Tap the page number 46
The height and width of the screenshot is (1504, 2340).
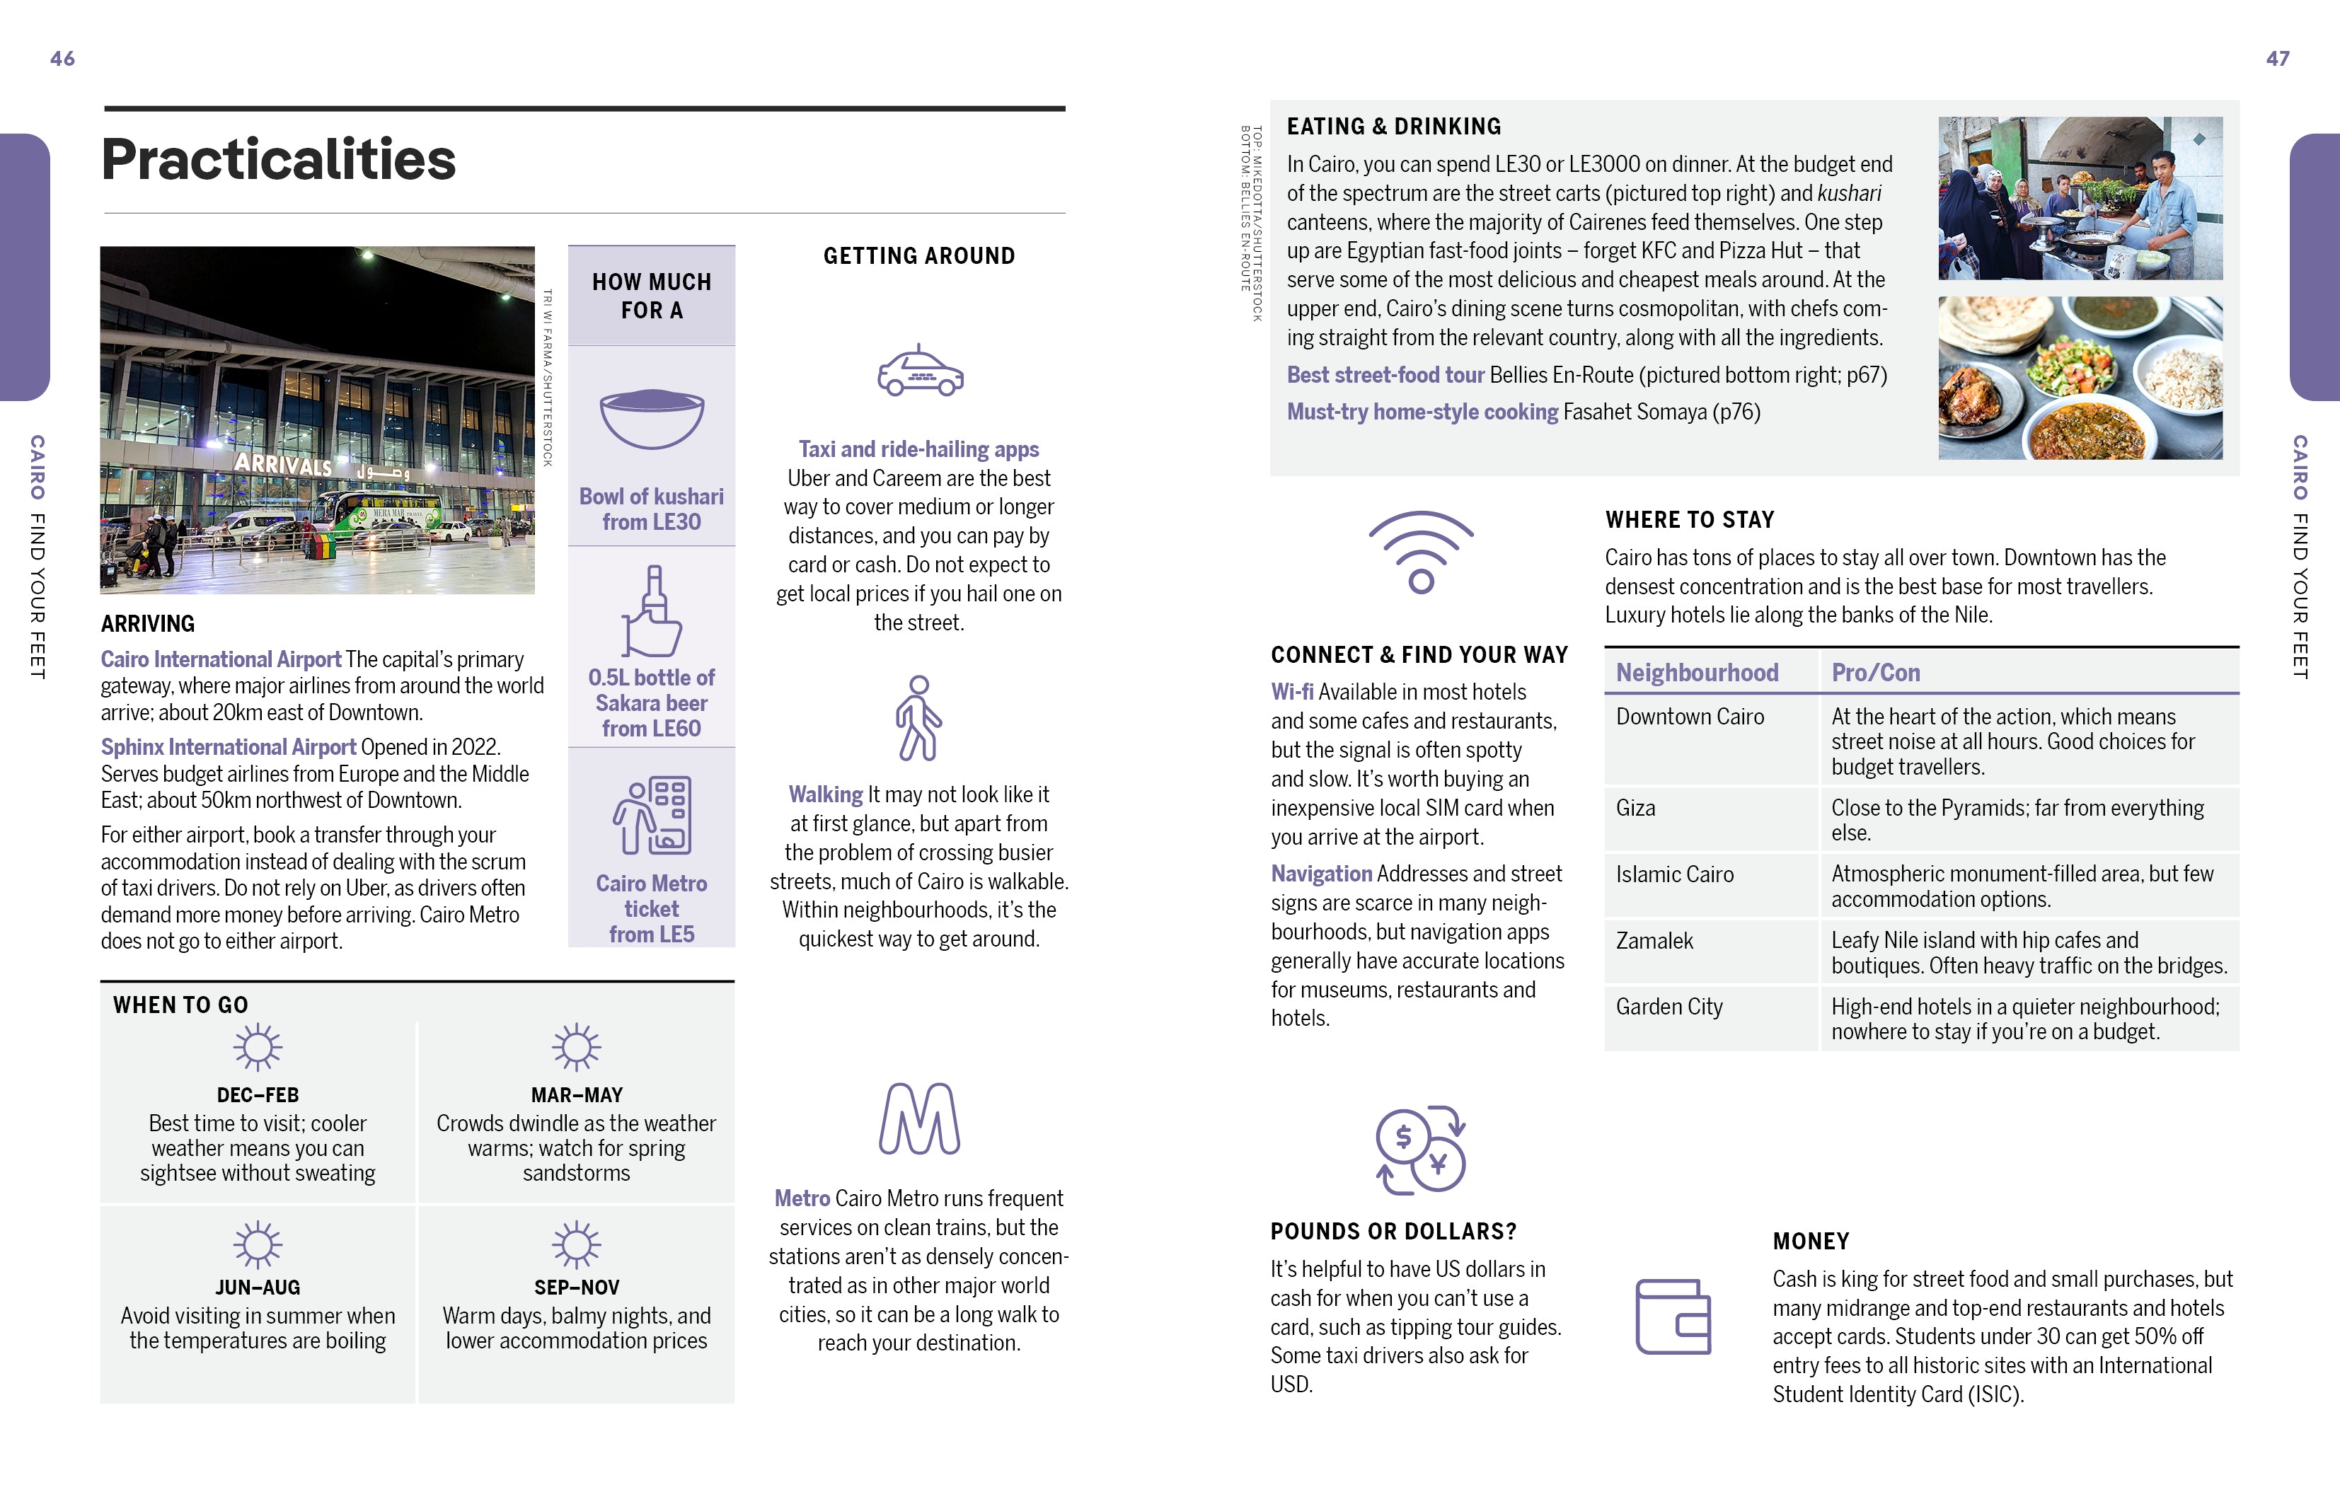tap(62, 59)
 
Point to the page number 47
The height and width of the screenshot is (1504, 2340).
tap(2278, 59)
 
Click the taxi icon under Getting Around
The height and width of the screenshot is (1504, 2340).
tap(919, 371)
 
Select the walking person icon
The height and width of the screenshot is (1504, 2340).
tap(918, 718)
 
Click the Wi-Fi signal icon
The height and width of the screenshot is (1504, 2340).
tap(1421, 552)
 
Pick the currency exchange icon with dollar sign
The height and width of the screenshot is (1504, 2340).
tap(1421, 1150)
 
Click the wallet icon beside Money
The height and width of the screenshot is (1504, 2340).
tap(1673, 1317)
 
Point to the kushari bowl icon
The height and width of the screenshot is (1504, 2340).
tap(652, 418)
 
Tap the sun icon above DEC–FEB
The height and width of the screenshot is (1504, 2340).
tap(258, 1048)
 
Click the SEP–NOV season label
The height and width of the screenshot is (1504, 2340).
tap(576, 1288)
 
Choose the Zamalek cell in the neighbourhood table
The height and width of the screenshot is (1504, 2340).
tap(1654, 940)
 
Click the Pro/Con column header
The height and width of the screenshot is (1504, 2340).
tap(1875, 673)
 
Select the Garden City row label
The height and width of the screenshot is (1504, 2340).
tap(1669, 1007)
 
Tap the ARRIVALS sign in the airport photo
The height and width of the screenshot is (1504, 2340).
tap(283, 464)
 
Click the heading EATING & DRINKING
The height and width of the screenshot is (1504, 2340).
tap(1394, 127)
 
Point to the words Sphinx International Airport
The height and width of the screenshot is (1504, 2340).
tap(229, 747)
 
